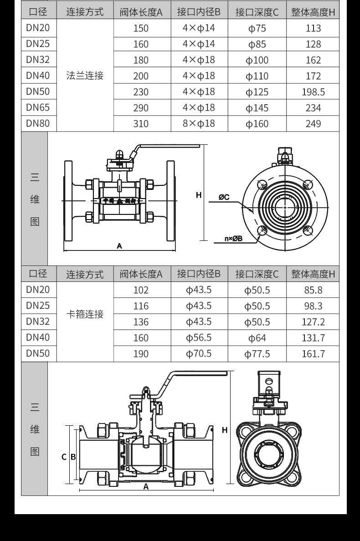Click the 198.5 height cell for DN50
pyautogui.click(x=313, y=92)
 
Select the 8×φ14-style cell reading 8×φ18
pyautogui.click(x=199, y=123)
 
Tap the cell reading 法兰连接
pyautogui.click(x=85, y=76)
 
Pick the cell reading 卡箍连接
pyautogui.click(x=85, y=314)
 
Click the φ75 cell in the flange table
pyautogui.click(x=257, y=29)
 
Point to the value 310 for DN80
pyautogui.click(x=141, y=124)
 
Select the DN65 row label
pyautogui.click(x=38, y=107)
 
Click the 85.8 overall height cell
pyautogui.click(x=313, y=290)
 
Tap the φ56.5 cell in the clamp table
pyautogui.click(x=199, y=337)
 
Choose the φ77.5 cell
pyautogui.click(x=257, y=354)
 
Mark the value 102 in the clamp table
pyautogui.click(x=141, y=291)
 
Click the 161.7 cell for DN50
pyautogui.click(x=313, y=354)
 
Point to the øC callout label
pyautogui.click(x=224, y=197)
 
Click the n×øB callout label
pyautogui.click(x=233, y=238)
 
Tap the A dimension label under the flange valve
pyautogui.click(x=119, y=246)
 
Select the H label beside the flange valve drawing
pyautogui.click(x=199, y=195)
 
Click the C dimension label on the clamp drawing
pyautogui.click(x=64, y=456)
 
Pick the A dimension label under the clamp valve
pyautogui.click(x=146, y=486)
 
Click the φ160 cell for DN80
pyautogui.click(x=257, y=124)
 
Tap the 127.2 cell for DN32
pyautogui.click(x=313, y=322)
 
